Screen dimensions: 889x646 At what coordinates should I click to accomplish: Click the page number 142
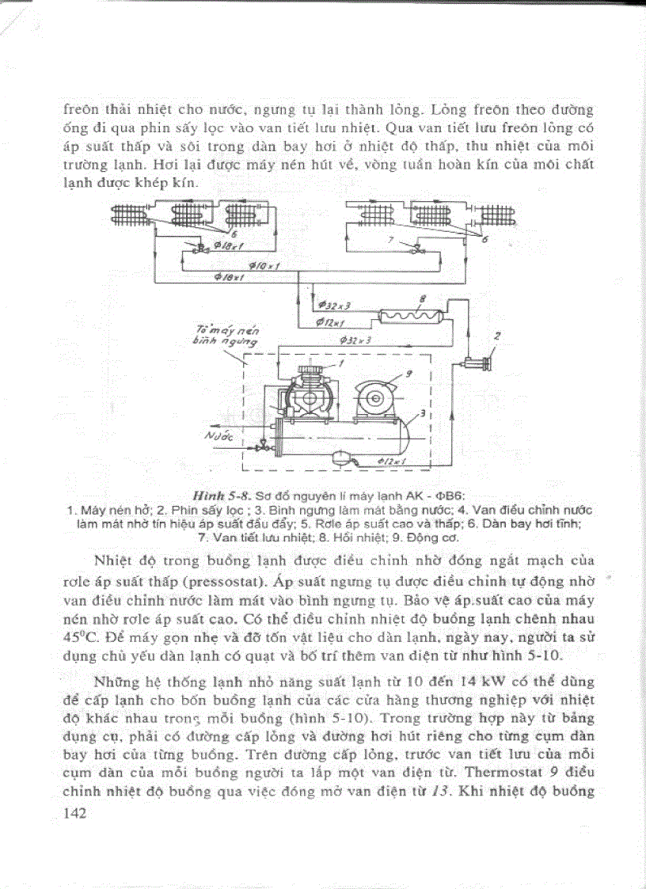tap(76, 814)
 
